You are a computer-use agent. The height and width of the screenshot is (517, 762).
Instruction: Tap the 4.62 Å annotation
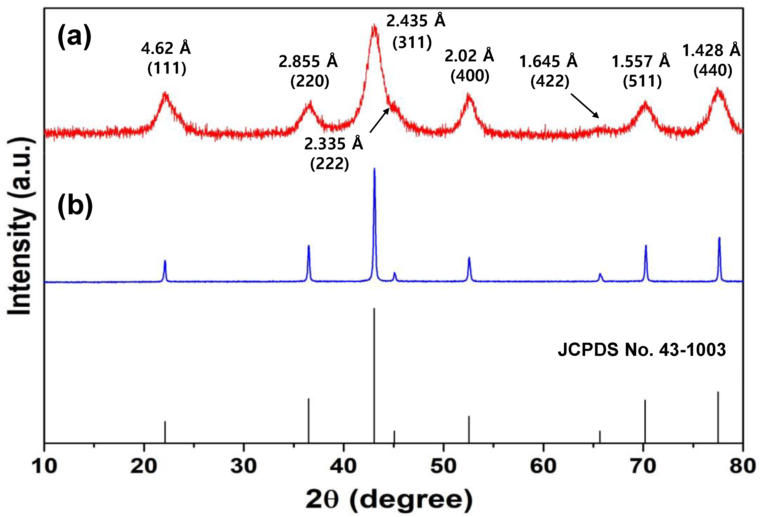click(x=166, y=48)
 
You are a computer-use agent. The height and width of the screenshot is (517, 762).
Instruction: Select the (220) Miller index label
click(x=310, y=81)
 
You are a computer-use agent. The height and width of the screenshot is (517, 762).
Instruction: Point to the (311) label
click(x=412, y=43)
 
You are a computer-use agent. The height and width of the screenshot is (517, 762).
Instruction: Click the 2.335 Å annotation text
click(x=333, y=143)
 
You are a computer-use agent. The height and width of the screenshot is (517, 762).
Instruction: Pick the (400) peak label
click(x=469, y=76)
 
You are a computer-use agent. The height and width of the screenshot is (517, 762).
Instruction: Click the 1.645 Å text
click(x=548, y=61)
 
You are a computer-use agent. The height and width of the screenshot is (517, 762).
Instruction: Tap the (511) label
click(x=642, y=81)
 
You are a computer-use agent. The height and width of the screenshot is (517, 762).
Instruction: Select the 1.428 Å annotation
click(x=711, y=50)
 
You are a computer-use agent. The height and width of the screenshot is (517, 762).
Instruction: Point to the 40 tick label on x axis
click(x=343, y=466)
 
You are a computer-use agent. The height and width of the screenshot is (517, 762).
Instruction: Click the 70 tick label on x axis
click(x=643, y=466)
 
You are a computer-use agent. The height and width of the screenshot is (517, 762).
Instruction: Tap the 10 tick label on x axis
click(x=44, y=466)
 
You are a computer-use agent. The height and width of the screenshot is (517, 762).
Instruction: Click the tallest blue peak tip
click(x=374, y=169)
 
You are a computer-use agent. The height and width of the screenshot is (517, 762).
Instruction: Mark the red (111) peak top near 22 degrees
click(x=165, y=93)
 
